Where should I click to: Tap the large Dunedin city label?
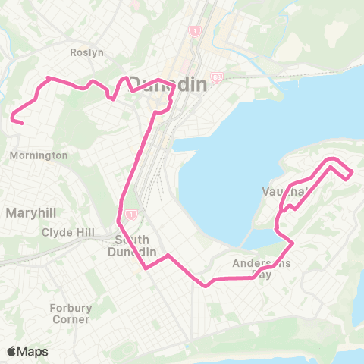(x=167, y=85)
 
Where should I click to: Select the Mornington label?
(x=39, y=155)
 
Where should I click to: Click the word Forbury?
(x=69, y=308)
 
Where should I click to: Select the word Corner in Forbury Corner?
(x=69, y=319)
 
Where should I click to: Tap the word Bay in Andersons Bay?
(x=281, y=275)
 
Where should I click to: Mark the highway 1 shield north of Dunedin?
(x=195, y=32)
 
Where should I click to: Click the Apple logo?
(x=12, y=351)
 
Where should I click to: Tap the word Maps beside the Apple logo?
(x=33, y=351)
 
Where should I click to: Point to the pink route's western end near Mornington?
(x=22, y=123)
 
